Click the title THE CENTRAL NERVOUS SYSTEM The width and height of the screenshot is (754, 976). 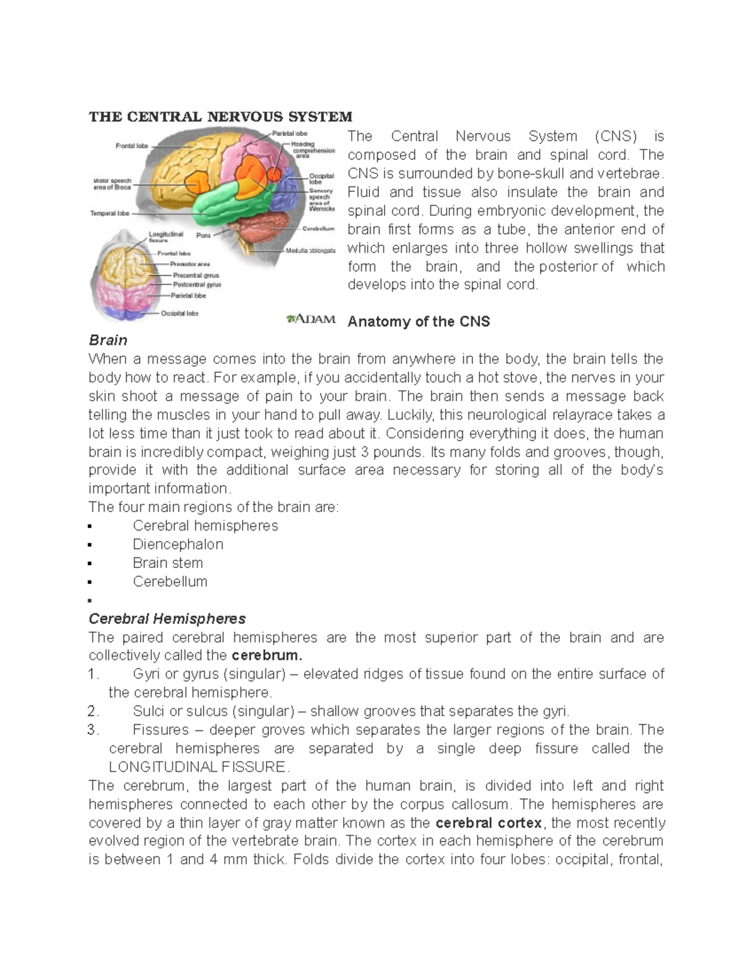pyautogui.click(x=220, y=117)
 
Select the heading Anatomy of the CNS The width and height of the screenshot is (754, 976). pyautogui.click(x=418, y=322)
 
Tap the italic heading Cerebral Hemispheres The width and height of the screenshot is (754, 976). pyautogui.click(x=167, y=618)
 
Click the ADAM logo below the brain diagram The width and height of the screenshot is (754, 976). pyautogui.click(x=311, y=319)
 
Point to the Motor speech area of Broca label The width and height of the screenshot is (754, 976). pyautogui.click(x=112, y=184)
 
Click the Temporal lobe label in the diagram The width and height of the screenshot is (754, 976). pyautogui.click(x=110, y=213)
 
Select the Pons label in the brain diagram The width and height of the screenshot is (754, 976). pyautogui.click(x=203, y=236)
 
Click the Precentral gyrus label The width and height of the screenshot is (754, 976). pyautogui.click(x=195, y=275)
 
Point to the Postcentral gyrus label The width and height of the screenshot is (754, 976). pyautogui.click(x=197, y=285)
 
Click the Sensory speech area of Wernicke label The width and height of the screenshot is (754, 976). pyautogui.click(x=321, y=199)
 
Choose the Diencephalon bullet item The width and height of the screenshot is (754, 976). pyautogui.click(x=178, y=544)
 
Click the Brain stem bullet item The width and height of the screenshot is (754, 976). pyautogui.click(x=168, y=563)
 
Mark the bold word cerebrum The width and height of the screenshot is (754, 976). pyautogui.click(x=267, y=655)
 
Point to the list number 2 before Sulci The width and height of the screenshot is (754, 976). pyautogui.click(x=93, y=711)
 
